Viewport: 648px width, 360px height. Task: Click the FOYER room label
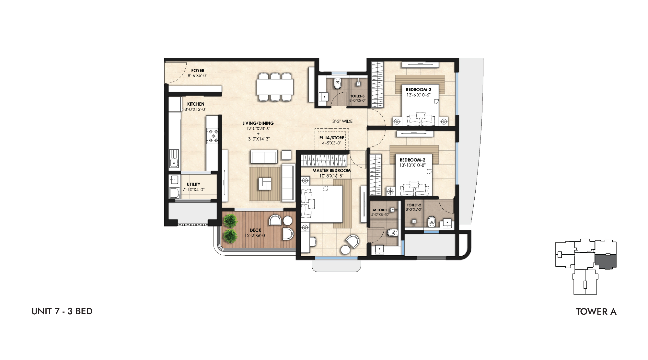point(198,70)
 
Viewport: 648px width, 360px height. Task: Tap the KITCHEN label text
point(196,104)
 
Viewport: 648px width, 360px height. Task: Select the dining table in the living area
point(275,87)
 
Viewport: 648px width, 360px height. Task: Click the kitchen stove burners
point(213,136)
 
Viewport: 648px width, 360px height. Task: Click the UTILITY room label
point(193,184)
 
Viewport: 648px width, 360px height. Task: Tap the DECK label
point(255,230)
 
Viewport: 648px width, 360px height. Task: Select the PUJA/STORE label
point(332,138)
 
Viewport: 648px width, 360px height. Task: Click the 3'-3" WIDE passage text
point(342,122)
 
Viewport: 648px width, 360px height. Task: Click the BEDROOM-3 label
point(419,90)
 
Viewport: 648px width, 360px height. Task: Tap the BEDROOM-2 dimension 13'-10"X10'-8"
point(412,165)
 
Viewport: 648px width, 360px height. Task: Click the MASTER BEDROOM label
point(331,170)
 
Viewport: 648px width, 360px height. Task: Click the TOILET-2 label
point(414,205)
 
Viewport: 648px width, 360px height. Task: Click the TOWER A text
point(596,312)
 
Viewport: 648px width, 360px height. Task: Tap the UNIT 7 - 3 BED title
point(62,311)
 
